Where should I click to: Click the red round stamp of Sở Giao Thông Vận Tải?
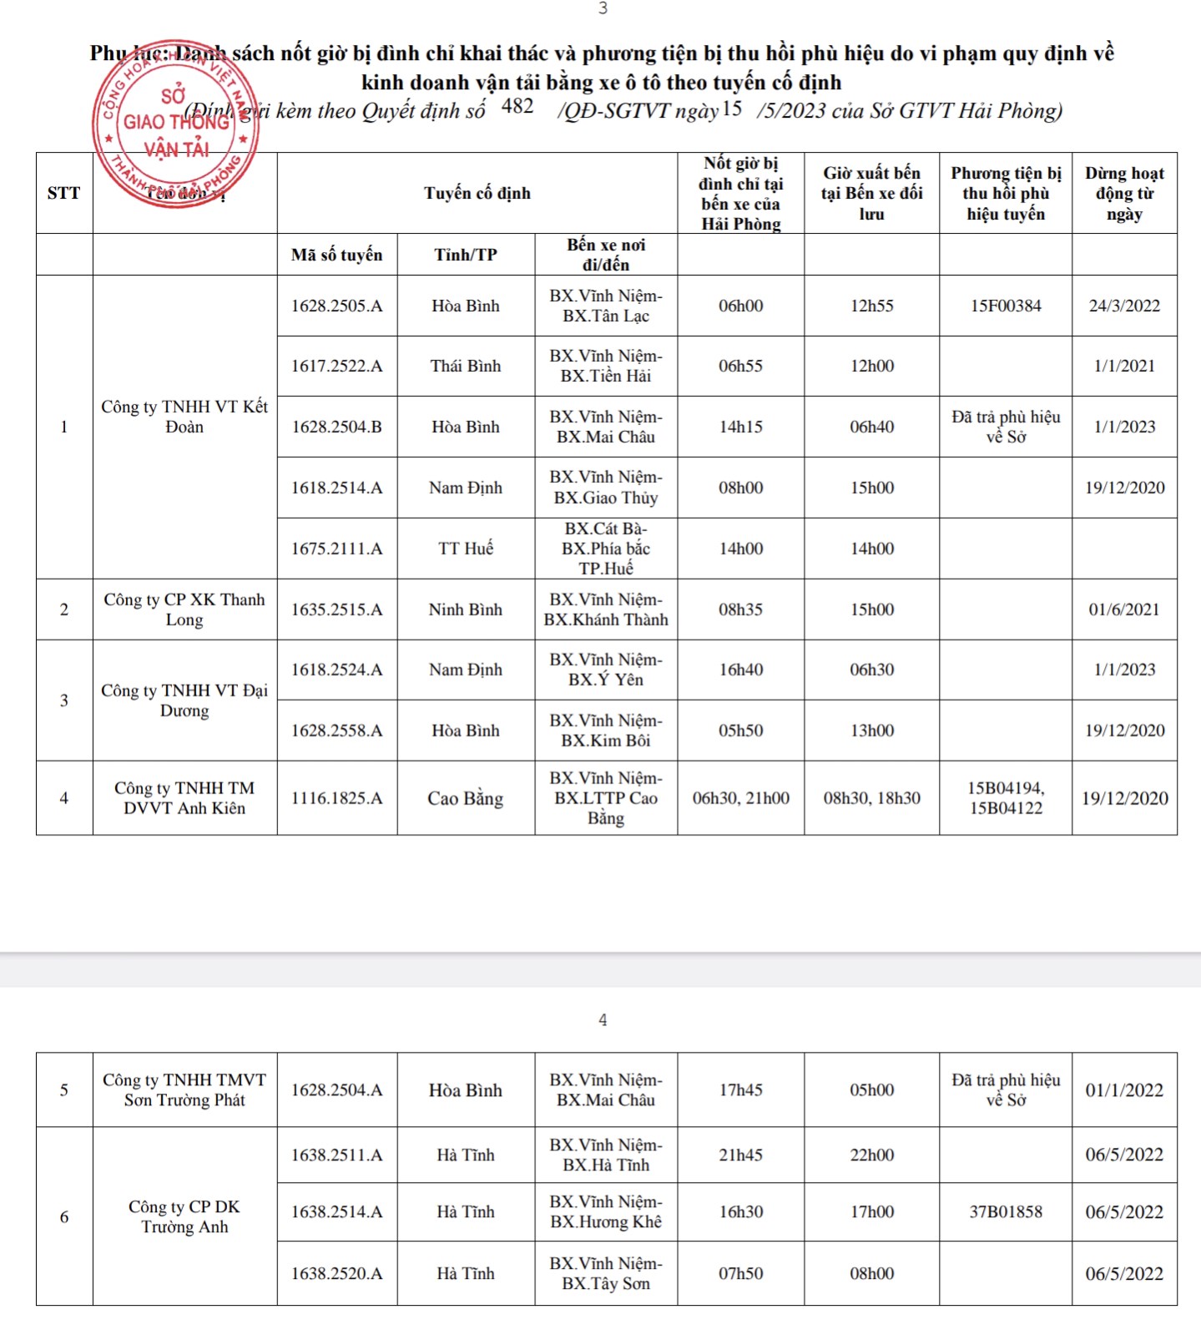tap(175, 123)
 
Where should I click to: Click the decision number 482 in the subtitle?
tap(517, 107)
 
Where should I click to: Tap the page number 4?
tap(603, 1020)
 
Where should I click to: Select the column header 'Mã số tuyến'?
tap(337, 255)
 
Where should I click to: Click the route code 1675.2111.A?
tap(337, 549)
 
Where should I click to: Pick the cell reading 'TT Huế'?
tap(466, 549)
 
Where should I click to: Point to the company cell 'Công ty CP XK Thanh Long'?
tap(184, 609)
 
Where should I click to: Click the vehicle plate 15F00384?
tap(1006, 306)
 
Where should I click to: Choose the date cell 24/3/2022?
tap(1124, 306)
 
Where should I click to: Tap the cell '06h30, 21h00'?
tap(741, 798)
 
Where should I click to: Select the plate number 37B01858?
tap(1006, 1211)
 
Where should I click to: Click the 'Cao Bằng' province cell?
tap(466, 798)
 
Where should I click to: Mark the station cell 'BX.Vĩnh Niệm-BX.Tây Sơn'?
tap(606, 1273)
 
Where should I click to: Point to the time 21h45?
tap(741, 1155)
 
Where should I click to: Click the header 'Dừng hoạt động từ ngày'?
tap(1124, 193)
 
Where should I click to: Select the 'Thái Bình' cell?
tap(466, 366)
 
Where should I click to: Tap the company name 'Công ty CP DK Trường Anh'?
tap(184, 1216)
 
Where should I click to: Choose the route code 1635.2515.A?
tap(337, 609)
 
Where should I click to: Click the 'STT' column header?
tap(64, 193)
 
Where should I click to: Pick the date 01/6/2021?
tap(1124, 609)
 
